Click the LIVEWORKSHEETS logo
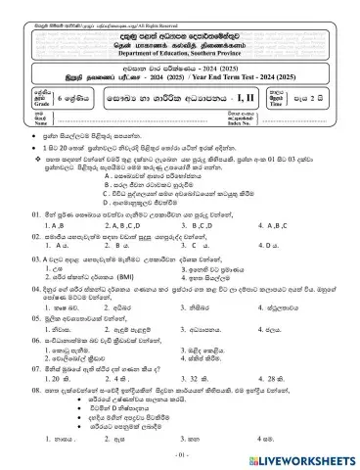[306, 457]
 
